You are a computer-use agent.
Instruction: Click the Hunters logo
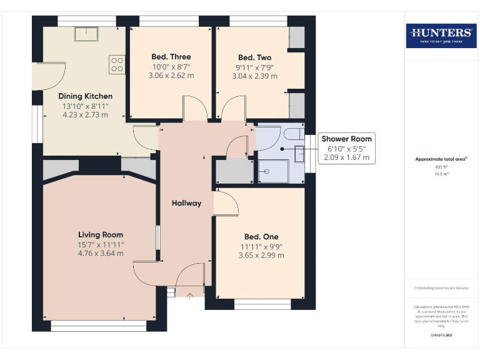click(x=441, y=36)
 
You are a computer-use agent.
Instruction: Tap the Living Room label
click(x=100, y=234)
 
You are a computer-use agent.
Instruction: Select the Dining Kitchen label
click(x=85, y=96)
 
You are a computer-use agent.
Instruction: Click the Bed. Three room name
click(x=171, y=57)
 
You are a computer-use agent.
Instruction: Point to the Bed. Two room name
click(x=254, y=57)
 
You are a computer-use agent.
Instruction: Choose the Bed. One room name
click(x=261, y=237)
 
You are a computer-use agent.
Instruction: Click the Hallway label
click(x=186, y=203)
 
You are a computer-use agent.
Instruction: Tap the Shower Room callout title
click(x=346, y=139)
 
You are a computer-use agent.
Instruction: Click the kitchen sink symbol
click(x=86, y=34)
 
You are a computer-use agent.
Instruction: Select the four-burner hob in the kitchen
click(x=117, y=64)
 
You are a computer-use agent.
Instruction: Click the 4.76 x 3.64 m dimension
click(x=100, y=253)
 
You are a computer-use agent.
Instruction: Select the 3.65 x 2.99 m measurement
click(x=261, y=255)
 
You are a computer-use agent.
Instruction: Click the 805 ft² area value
click(x=441, y=167)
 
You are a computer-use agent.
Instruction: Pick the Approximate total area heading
click(x=440, y=159)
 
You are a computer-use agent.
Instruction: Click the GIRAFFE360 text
click(x=441, y=336)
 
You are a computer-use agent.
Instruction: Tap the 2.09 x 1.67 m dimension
click(x=346, y=157)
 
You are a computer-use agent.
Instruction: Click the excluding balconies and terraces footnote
click(x=441, y=287)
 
